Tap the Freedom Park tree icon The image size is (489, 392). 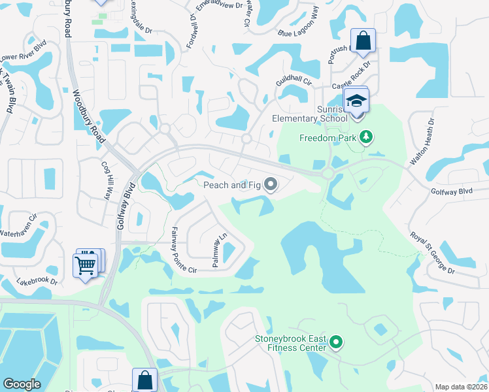pos(367,137)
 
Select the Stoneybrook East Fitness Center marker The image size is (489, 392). pos(336,342)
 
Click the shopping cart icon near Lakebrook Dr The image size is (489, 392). pos(86,265)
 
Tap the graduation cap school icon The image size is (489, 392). pos(357,101)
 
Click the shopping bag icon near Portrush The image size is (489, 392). pos(363,41)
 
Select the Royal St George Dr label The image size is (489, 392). pos(431,252)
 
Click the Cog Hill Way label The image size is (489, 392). pos(106,181)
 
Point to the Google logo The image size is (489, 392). pos(22,384)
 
